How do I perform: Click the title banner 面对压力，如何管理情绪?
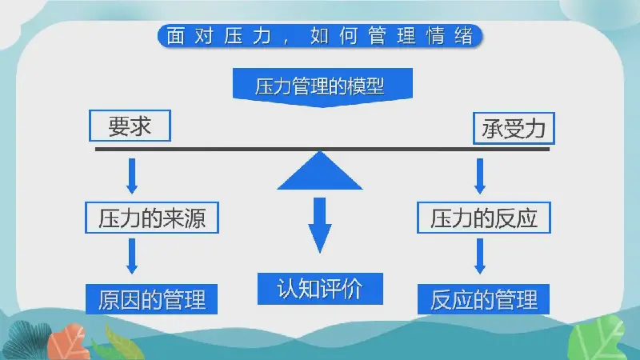[x=320, y=36]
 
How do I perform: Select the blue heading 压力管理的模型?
[x=322, y=87]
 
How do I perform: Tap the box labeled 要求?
[x=130, y=126]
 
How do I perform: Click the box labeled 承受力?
[x=514, y=128]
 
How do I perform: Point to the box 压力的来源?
[x=152, y=218]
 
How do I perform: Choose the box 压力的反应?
[x=484, y=218]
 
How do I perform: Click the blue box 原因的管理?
[x=151, y=299]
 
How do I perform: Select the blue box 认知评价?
[x=320, y=289]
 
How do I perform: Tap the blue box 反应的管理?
[x=483, y=299]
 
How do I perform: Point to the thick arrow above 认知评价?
[x=319, y=225]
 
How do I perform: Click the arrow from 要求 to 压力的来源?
[x=132, y=176]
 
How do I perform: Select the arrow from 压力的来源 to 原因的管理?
[x=132, y=256]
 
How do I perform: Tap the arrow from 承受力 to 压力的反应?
[x=480, y=176]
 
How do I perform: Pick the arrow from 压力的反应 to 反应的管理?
[x=480, y=256]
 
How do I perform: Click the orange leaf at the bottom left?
[x=67, y=342]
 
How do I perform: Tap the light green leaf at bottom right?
[x=597, y=338]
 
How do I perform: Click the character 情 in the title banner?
[x=435, y=36]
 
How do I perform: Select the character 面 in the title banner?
[x=175, y=36]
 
